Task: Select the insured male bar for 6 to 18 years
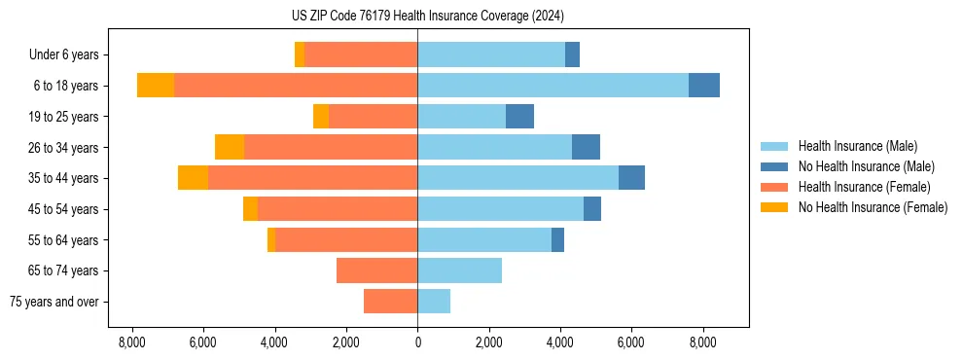point(553,86)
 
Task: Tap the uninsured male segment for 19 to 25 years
point(519,117)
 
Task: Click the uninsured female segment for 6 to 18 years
point(156,86)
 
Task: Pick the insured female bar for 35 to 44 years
point(312,178)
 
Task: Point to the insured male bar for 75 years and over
point(434,302)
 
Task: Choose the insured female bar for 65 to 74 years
point(376,270)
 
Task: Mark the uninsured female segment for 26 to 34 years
point(230,147)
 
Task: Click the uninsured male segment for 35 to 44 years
point(631,178)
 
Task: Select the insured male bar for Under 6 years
point(491,54)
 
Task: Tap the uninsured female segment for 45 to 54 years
point(250,209)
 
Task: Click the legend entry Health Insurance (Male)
point(857,146)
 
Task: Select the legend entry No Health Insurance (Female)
point(873,207)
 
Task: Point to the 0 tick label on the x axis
point(417,342)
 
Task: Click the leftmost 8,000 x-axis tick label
point(131,342)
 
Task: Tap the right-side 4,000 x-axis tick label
point(560,342)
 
